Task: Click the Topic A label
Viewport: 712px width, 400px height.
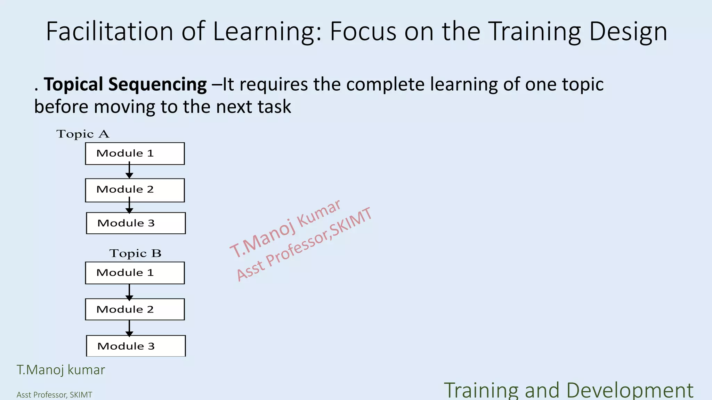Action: [x=83, y=134]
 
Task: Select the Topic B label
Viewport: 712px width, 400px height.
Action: [x=135, y=253]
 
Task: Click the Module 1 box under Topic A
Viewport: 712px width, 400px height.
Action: [x=135, y=153]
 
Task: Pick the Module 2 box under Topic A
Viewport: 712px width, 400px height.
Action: [x=135, y=190]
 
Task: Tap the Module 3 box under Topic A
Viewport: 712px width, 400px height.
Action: [x=136, y=223]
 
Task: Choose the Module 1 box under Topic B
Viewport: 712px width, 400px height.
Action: [x=135, y=273]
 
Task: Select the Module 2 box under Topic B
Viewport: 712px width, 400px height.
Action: [x=135, y=309]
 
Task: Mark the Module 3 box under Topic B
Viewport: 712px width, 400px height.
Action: [x=136, y=346]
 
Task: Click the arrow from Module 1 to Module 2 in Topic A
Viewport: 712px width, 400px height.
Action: [x=129, y=171]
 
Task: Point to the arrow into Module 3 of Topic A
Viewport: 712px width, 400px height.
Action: [x=129, y=207]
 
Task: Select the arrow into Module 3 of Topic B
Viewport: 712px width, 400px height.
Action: [x=129, y=328]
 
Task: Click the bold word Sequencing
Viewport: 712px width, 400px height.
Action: [x=157, y=85]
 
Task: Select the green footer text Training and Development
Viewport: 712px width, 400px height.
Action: [x=568, y=390]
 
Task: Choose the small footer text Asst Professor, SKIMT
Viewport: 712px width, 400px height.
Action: [x=54, y=395]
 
